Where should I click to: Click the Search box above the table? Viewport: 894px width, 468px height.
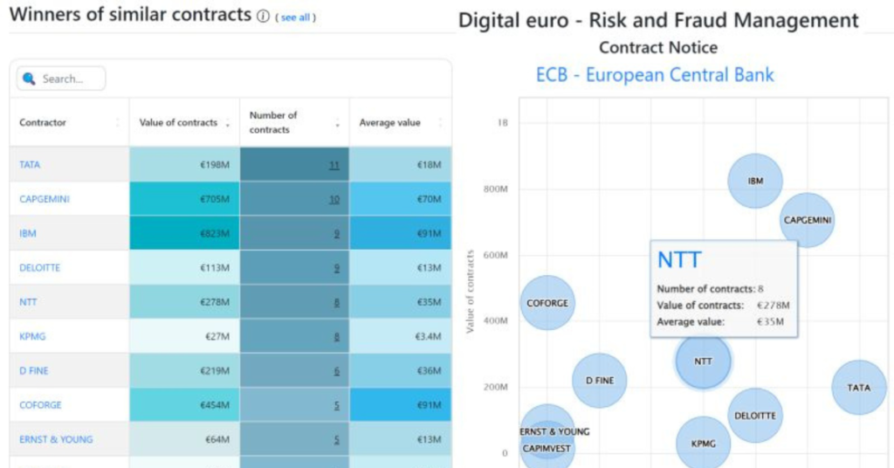coord(61,79)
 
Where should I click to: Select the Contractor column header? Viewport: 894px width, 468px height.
coord(43,123)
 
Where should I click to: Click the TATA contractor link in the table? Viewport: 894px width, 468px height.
coord(30,164)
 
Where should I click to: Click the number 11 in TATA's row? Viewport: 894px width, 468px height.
coord(334,164)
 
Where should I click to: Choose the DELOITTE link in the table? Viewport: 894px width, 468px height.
coord(40,268)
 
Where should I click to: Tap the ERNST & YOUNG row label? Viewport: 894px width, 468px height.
coord(56,439)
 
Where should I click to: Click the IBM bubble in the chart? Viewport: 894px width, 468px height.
coord(755,181)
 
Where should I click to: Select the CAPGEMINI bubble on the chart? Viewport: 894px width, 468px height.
coord(808,220)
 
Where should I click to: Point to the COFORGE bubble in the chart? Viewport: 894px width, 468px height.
coord(547,303)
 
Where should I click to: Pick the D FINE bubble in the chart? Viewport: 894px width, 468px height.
coord(600,381)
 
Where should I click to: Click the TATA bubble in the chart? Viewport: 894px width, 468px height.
coord(859,387)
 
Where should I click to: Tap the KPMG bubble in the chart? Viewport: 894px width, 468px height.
coord(704,444)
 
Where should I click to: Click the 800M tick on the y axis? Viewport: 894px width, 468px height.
coord(496,189)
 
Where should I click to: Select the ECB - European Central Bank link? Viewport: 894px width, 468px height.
coord(655,75)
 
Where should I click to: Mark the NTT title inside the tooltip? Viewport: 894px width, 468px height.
coord(679,259)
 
